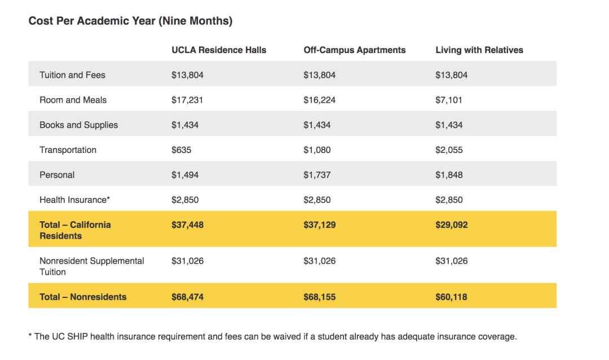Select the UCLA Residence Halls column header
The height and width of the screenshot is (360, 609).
click(x=219, y=50)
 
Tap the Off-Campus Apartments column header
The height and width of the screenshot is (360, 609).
click(x=355, y=50)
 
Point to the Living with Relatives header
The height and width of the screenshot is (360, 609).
click(x=479, y=50)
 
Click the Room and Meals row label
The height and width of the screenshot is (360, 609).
click(x=73, y=100)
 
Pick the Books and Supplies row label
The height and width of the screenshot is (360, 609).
click(x=79, y=125)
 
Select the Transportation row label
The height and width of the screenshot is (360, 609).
click(x=68, y=150)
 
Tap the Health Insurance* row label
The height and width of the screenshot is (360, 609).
click(x=75, y=200)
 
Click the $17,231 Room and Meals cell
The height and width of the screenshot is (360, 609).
click(x=187, y=100)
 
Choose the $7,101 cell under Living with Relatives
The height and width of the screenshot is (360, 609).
click(x=449, y=100)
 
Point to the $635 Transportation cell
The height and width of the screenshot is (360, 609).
click(x=182, y=150)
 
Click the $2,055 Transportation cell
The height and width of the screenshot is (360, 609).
click(x=449, y=150)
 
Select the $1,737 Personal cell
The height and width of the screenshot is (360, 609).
click(x=317, y=175)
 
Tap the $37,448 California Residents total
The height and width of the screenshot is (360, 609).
click(x=188, y=225)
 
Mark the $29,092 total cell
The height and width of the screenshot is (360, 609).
click(x=451, y=225)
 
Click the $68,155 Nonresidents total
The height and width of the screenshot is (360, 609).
click(x=320, y=297)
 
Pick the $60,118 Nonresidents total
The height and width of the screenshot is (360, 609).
click(x=451, y=297)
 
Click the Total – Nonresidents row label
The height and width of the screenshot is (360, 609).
click(x=83, y=297)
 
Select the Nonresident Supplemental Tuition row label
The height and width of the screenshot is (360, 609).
click(x=92, y=266)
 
